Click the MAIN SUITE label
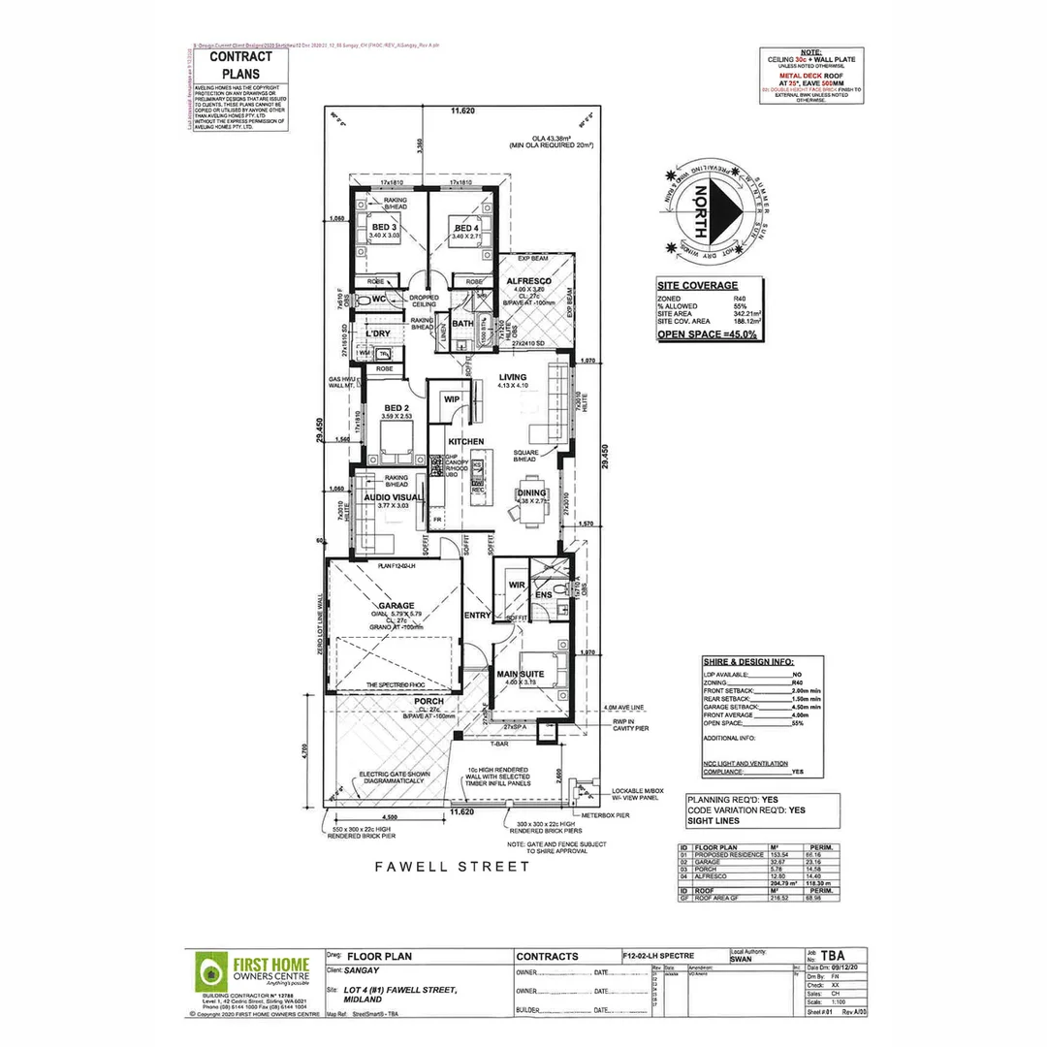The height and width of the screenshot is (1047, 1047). click(x=521, y=674)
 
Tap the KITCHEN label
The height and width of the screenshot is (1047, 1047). click(x=465, y=442)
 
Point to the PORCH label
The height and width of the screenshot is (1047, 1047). click(x=429, y=701)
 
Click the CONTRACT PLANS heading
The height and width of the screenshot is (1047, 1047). click(x=234, y=65)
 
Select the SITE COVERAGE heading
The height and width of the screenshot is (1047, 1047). click(x=696, y=286)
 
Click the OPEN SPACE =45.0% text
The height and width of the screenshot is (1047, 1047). click(x=708, y=333)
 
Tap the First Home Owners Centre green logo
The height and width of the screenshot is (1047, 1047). click(x=207, y=971)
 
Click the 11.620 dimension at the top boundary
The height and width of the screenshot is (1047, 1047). click(x=462, y=112)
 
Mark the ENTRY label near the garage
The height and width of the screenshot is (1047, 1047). click(x=477, y=615)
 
